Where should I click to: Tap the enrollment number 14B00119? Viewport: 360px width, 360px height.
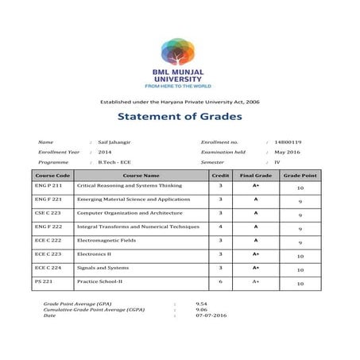click(287, 141)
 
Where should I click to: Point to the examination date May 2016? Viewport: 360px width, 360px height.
click(285, 151)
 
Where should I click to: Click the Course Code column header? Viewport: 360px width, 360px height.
click(52, 175)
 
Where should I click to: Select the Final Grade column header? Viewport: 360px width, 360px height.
click(256, 175)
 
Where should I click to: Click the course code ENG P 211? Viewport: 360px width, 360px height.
click(48, 185)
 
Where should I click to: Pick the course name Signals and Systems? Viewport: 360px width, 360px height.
click(103, 268)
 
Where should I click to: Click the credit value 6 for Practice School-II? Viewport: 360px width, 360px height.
click(220, 281)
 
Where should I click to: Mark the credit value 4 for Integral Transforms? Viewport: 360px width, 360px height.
click(220, 226)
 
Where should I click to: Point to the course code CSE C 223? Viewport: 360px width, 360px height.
click(48, 213)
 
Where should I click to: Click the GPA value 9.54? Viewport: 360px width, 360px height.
click(200, 304)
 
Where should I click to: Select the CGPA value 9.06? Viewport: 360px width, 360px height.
click(200, 310)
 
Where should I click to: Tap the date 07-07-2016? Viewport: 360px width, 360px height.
click(206, 315)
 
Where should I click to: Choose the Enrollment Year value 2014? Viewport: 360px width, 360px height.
click(105, 151)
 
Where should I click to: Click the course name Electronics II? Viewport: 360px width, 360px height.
click(93, 254)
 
